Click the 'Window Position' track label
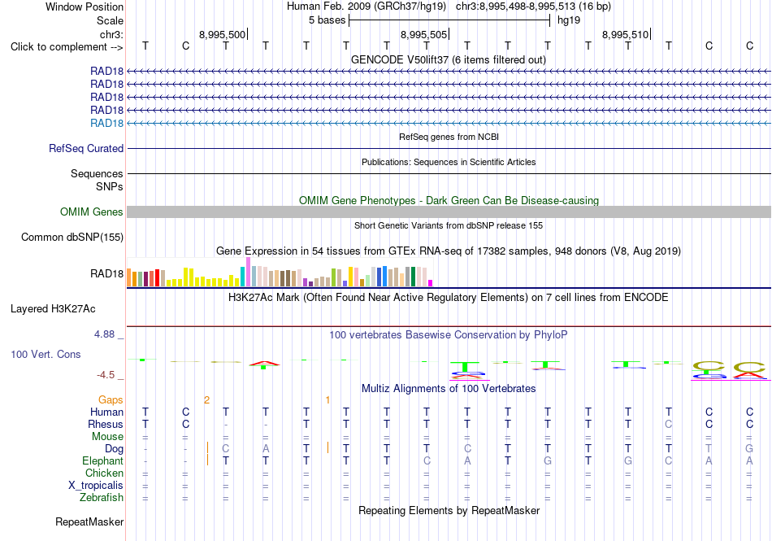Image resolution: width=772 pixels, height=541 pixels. [x=85, y=7]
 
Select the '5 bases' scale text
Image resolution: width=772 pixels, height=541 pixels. [x=327, y=20]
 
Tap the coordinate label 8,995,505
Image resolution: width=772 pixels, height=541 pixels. [x=423, y=34]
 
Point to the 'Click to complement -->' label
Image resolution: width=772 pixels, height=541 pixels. [x=67, y=47]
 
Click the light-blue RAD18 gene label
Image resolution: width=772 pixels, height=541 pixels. [x=106, y=123]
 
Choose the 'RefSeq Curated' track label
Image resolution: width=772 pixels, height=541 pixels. [x=86, y=148]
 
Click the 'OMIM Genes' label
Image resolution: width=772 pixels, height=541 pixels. [x=92, y=212]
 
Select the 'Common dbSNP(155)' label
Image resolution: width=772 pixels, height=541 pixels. [x=72, y=237]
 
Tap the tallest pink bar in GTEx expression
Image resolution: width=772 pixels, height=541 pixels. [x=248, y=272]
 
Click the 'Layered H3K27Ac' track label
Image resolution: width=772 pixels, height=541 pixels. [x=53, y=309]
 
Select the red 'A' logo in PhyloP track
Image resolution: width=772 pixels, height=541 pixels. [x=264, y=364]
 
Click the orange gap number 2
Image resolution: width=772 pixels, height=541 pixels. [x=206, y=400]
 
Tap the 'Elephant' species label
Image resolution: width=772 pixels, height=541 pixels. [x=103, y=460]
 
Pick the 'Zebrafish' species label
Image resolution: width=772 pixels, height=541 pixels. [x=102, y=498]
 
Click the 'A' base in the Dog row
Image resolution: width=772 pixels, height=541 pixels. [x=266, y=448]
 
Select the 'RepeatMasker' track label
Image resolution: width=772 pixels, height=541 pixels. [x=89, y=521]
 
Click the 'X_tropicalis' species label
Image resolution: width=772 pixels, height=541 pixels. [x=96, y=486]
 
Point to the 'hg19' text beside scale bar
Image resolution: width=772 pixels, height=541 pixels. [x=569, y=20]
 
